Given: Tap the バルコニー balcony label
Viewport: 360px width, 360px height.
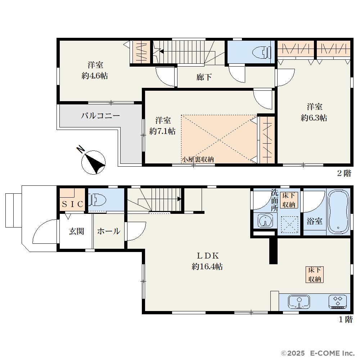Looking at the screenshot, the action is click(x=100, y=116).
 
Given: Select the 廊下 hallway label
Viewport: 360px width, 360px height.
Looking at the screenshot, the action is click(x=204, y=77).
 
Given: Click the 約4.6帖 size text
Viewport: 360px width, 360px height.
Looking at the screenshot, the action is click(x=95, y=76).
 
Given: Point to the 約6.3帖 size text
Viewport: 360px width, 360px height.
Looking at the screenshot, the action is click(x=314, y=118).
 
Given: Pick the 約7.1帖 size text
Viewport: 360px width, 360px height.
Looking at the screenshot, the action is click(x=162, y=131).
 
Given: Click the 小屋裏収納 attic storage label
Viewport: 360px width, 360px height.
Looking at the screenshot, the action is click(x=198, y=159).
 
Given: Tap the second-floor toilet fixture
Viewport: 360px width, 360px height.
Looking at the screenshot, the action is click(x=261, y=53).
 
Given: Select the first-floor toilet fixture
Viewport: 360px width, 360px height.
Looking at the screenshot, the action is click(x=97, y=199).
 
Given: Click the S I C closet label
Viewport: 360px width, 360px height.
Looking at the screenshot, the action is click(x=72, y=204).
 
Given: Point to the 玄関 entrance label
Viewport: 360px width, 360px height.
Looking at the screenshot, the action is click(x=76, y=231).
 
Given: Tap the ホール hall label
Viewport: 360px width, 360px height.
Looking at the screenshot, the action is click(x=109, y=231).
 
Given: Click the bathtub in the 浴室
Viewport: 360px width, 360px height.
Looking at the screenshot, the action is click(x=338, y=211).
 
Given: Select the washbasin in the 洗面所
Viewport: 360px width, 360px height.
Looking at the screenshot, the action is click(x=265, y=221).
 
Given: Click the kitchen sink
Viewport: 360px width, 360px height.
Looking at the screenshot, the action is click(x=299, y=301).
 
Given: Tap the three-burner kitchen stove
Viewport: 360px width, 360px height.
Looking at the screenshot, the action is click(x=338, y=301).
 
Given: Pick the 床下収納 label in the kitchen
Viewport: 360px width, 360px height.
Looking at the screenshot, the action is click(x=315, y=275).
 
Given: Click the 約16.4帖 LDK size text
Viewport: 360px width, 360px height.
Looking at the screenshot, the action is click(x=207, y=266).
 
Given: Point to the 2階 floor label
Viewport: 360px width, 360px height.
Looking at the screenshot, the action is click(x=344, y=173).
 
